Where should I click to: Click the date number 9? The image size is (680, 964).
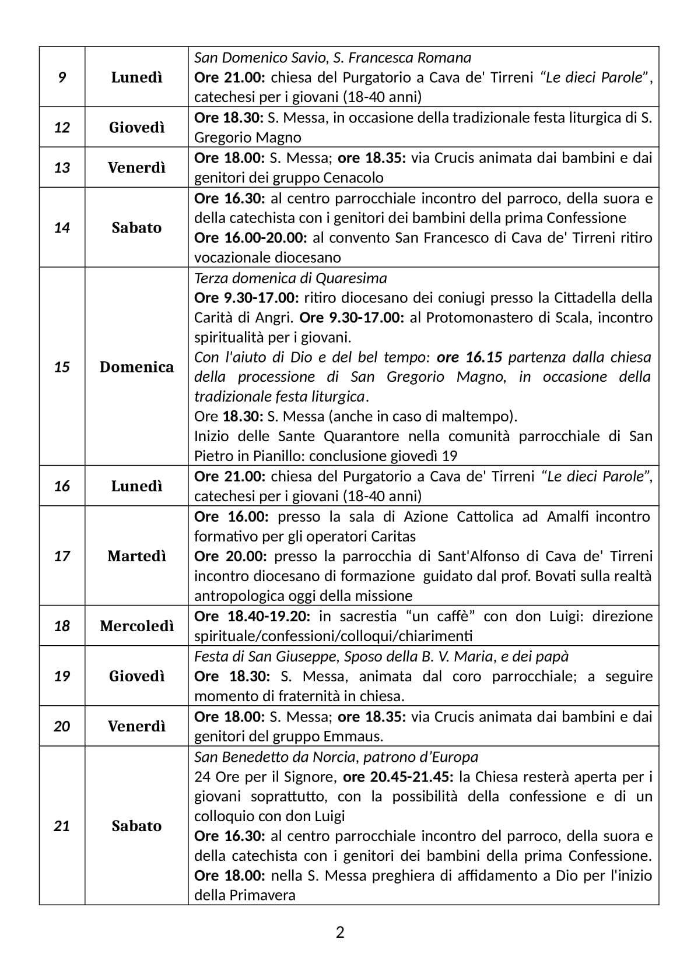(62, 77)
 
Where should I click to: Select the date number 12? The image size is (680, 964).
(62, 127)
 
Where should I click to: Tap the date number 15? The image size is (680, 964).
(62, 367)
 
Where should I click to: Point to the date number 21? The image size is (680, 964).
(62, 826)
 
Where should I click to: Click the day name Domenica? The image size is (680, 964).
(136, 367)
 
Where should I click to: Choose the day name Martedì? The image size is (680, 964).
(136, 555)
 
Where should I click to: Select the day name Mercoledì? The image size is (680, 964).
(136, 626)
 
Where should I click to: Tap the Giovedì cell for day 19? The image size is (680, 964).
(136, 676)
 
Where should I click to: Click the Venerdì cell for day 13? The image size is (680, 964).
(136, 168)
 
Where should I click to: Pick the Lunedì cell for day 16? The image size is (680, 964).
(136, 486)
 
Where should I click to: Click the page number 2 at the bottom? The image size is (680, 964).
(340, 933)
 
